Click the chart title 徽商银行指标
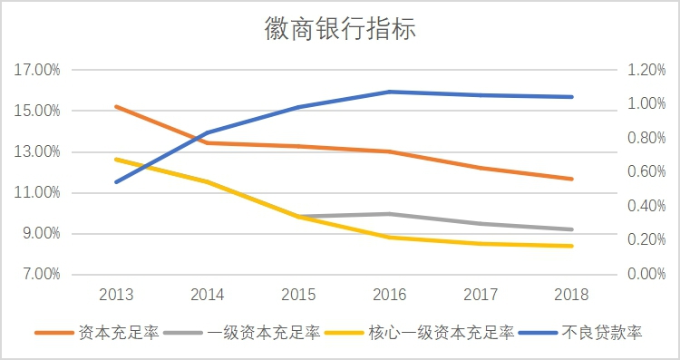point(340,30)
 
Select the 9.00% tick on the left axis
point(40,233)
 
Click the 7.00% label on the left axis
point(40,274)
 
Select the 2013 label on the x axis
point(118,295)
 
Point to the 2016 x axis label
point(390,295)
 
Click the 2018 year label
point(571,295)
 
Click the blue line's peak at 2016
point(390,92)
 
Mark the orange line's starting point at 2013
point(118,106)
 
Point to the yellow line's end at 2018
point(571,246)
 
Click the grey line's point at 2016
point(390,214)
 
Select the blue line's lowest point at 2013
point(118,181)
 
